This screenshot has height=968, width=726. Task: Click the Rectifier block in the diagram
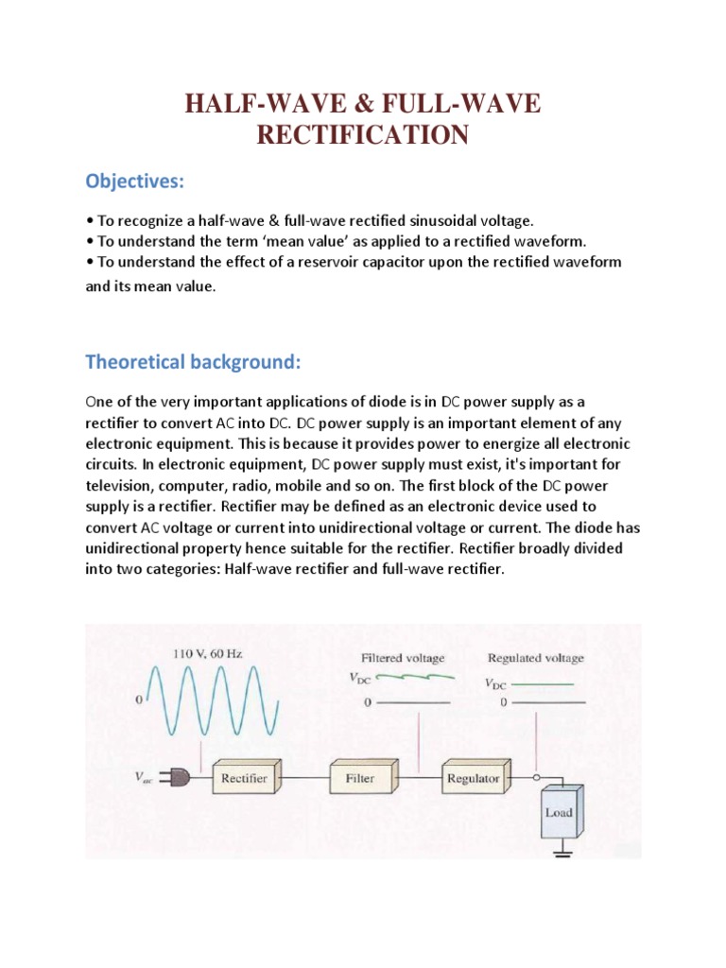[244, 779]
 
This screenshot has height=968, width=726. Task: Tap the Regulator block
[474, 779]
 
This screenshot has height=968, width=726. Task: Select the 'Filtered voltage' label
[403, 657]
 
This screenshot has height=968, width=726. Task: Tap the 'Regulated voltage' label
[535, 657]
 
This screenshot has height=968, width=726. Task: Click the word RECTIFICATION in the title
[364, 135]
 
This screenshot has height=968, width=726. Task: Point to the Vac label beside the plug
[145, 780]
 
